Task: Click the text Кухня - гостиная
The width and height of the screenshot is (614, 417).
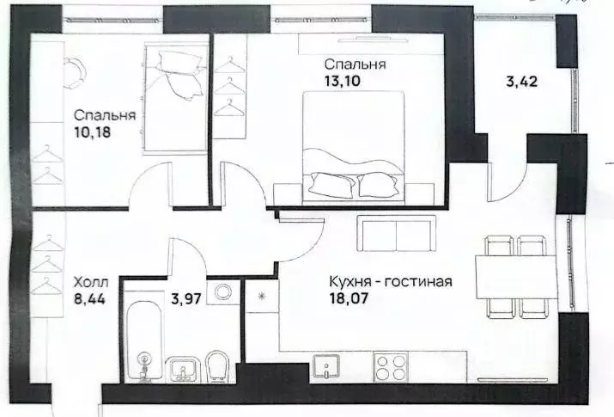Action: tap(390, 281)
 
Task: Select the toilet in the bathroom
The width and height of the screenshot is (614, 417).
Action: tap(216, 366)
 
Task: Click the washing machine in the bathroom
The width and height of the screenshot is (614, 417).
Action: tap(226, 293)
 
